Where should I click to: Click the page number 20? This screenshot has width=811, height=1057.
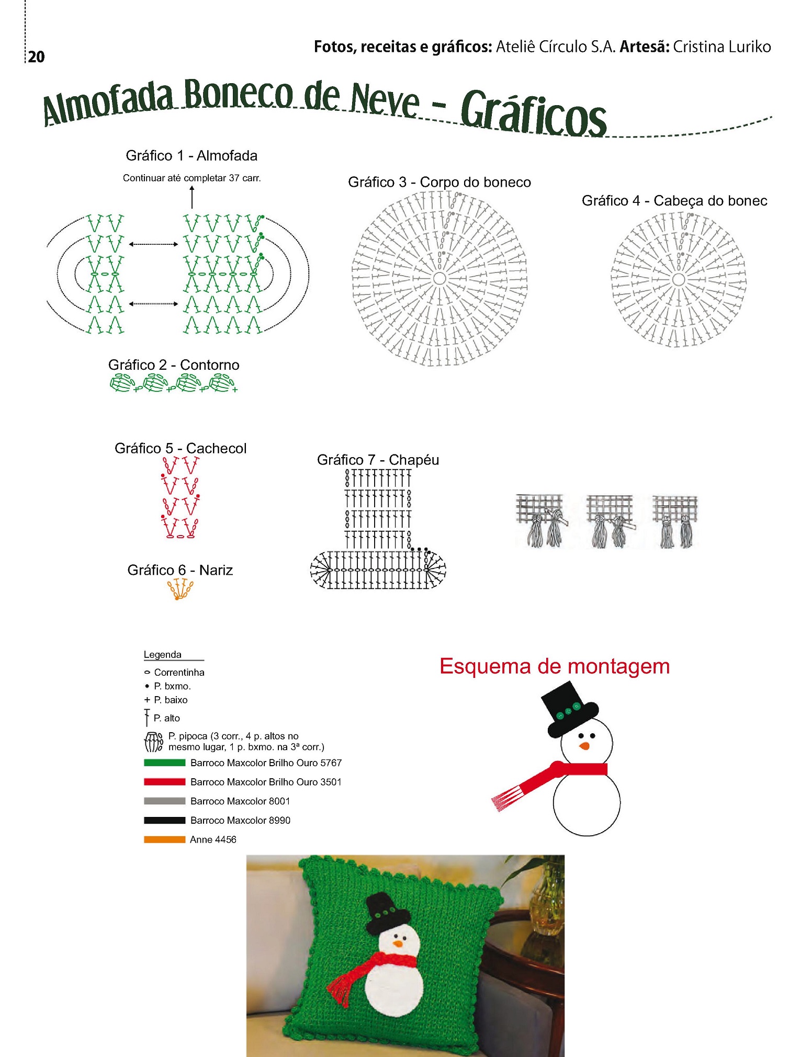tap(37, 56)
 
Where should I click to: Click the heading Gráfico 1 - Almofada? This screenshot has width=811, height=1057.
tap(192, 155)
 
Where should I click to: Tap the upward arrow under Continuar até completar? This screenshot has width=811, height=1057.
tap(192, 197)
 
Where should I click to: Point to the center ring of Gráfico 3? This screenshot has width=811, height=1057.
tap(439, 278)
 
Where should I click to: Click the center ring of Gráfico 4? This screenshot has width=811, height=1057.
tap(679, 280)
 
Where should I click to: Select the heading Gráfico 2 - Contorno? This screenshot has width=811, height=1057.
tap(174, 365)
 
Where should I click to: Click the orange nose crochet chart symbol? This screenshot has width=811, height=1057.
tap(180, 589)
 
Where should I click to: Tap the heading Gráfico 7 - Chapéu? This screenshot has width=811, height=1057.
tap(378, 460)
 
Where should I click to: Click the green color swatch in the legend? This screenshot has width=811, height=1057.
tap(164, 763)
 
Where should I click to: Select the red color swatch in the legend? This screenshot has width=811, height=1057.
tap(164, 782)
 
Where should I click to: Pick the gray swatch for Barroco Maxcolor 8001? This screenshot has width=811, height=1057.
tap(164, 801)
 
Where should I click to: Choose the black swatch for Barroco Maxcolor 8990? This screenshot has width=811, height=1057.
tap(164, 820)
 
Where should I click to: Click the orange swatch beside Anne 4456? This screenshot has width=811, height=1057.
tap(164, 839)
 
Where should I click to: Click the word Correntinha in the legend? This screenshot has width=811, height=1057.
tap(179, 672)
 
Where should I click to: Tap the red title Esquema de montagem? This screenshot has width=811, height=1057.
tap(555, 666)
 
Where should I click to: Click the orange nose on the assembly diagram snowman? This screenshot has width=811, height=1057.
tap(584, 746)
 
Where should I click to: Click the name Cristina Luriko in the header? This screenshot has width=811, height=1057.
tap(722, 47)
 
